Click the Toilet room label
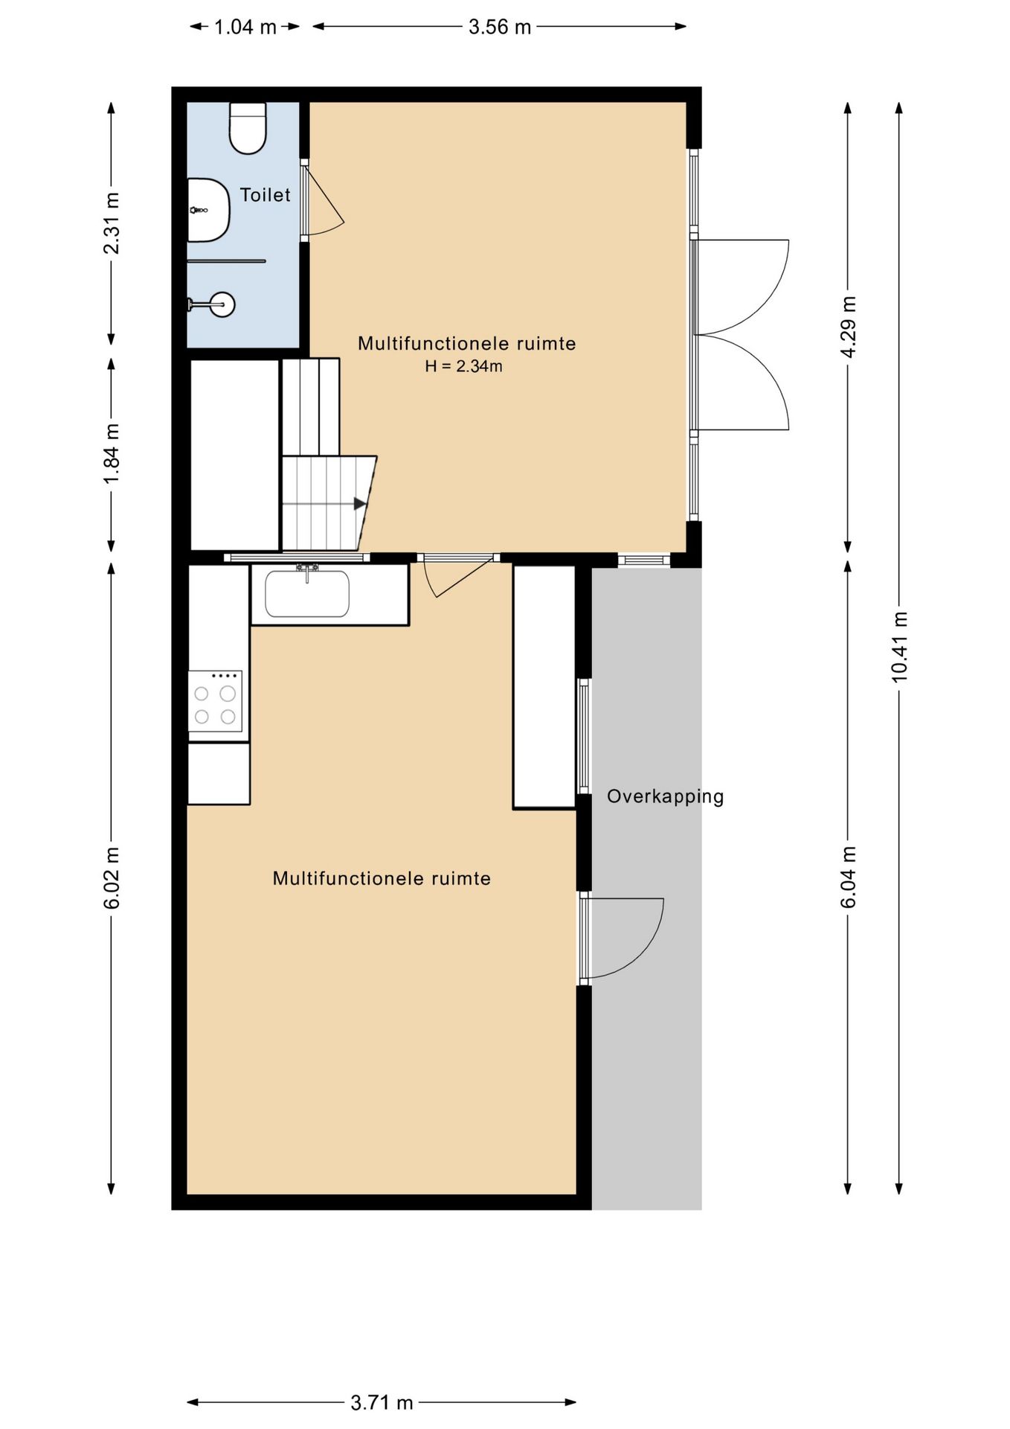(x=265, y=195)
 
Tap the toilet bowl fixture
(x=248, y=128)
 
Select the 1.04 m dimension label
(x=245, y=28)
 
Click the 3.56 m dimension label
(x=500, y=28)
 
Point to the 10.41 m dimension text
(x=900, y=646)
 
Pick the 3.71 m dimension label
(x=382, y=1403)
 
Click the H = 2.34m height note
(x=463, y=366)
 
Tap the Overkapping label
(x=665, y=796)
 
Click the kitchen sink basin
(x=307, y=594)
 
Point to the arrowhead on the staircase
(x=360, y=504)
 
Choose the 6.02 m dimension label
(x=112, y=878)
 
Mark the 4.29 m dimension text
(x=849, y=327)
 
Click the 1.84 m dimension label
(x=112, y=453)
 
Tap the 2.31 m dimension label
(x=112, y=223)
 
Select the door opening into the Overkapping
(x=622, y=939)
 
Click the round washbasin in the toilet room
(x=222, y=304)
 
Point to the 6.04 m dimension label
(x=849, y=877)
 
